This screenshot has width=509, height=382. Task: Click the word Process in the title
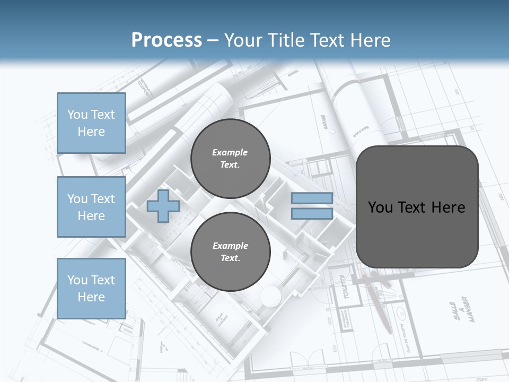point(166,40)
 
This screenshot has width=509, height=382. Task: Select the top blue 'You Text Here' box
point(91,123)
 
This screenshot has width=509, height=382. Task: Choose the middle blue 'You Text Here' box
point(91,207)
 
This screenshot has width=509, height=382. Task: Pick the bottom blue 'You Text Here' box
point(91,289)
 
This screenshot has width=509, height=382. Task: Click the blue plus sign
point(163,206)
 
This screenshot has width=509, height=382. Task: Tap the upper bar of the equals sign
point(312,198)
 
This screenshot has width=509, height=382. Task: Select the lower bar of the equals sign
point(312,214)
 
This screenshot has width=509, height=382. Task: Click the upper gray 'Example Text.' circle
point(230,159)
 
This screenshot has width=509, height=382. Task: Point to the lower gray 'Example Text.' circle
point(230,252)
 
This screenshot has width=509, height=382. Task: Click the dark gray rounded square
point(417,233)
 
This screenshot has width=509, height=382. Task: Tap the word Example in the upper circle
point(230,153)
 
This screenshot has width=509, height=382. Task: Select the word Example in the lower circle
point(230,246)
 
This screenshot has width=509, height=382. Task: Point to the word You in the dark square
point(379,207)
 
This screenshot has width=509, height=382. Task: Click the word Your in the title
point(244,40)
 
